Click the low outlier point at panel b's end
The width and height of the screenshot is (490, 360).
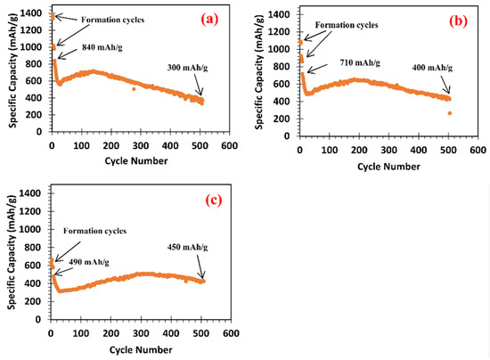(x=450, y=113)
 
